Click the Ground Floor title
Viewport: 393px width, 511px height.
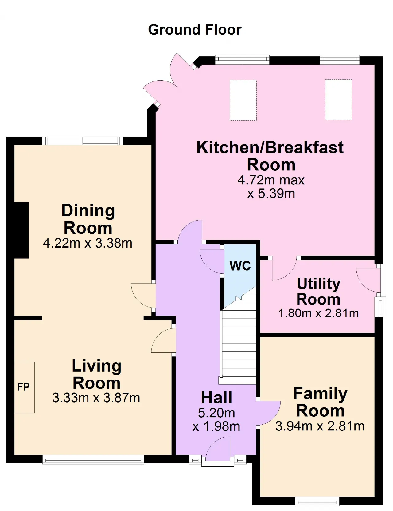click(195, 30)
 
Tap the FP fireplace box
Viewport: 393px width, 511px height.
click(24, 387)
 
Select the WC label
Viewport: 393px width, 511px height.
click(240, 266)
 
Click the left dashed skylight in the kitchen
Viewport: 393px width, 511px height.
click(243, 100)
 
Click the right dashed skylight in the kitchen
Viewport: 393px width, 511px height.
click(338, 100)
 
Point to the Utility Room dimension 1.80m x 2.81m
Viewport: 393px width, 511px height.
click(318, 313)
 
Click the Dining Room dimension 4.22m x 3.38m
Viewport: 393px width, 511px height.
click(88, 243)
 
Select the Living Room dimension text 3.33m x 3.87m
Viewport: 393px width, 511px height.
click(96, 398)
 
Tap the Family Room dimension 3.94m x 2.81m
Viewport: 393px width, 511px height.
click(320, 426)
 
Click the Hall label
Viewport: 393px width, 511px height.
click(216, 398)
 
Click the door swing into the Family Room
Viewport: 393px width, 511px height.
click(269, 413)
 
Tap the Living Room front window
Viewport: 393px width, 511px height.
click(93, 459)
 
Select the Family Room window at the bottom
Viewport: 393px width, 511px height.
click(317, 501)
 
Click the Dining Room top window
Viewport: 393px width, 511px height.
click(82, 141)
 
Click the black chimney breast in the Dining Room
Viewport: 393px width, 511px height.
click(22, 230)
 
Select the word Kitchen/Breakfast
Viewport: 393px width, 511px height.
click(270, 148)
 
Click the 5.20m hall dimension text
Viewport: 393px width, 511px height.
click(216, 413)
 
